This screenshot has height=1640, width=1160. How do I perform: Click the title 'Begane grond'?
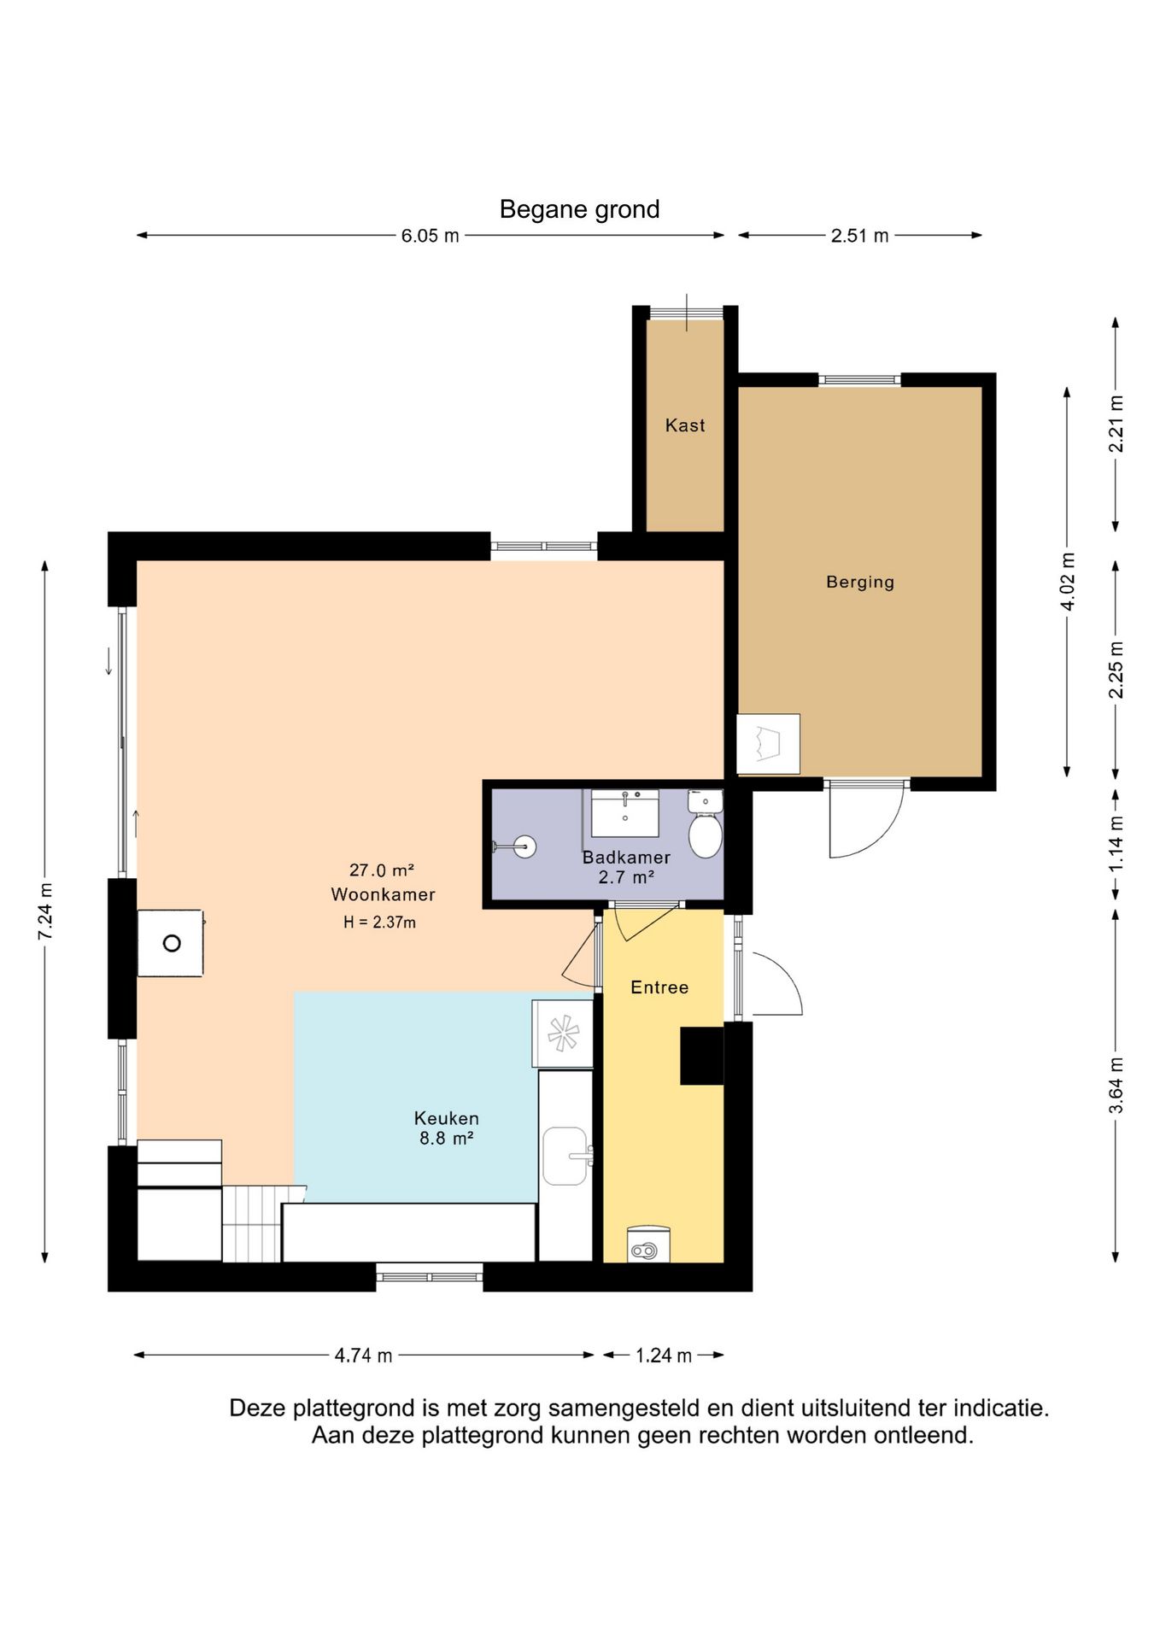[x=579, y=209]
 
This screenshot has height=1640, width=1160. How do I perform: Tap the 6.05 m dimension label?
[x=430, y=236]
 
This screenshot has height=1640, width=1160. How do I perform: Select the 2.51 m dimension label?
[x=859, y=236]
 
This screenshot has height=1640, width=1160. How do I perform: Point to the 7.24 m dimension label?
[x=45, y=911]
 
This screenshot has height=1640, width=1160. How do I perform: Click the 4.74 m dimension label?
[x=363, y=1356]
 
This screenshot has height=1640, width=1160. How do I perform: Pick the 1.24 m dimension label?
[x=664, y=1356]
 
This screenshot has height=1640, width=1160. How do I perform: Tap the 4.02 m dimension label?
[x=1067, y=582]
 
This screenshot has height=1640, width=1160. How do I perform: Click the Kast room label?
[x=685, y=425]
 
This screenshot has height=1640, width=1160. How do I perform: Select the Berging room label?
[x=860, y=583]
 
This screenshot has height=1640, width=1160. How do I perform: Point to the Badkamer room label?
[x=626, y=857]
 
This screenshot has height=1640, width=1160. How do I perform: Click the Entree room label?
[x=659, y=987]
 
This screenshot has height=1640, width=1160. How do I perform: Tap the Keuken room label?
[x=447, y=1118]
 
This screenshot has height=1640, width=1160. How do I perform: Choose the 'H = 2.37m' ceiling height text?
[x=379, y=922]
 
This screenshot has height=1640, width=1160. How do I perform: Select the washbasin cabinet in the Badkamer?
[x=625, y=813]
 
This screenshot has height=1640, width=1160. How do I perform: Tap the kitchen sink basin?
[x=565, y=1157]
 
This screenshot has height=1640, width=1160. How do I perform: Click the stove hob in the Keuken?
[x=563, y=1034]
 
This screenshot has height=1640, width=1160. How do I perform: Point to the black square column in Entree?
[x=702, y=1056]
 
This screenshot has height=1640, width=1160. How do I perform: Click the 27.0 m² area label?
[x=382, y=870]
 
